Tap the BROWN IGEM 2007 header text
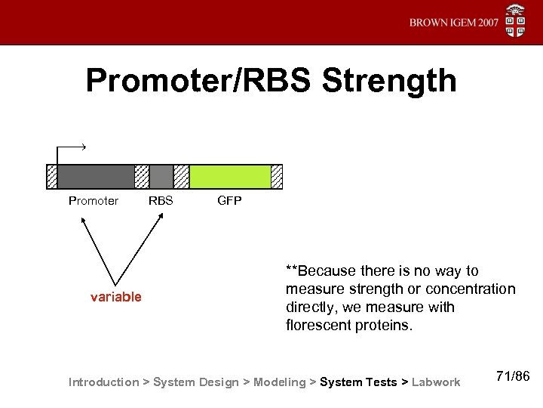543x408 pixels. click(x=453, y=23)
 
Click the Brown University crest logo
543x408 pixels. click(x=516, y=21)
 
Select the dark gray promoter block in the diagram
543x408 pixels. click(x=96, y=176)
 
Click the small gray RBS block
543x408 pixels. click(x=161, y=176)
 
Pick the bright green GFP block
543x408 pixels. click(x=230, y=176)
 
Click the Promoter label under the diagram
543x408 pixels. click(x=94, y=201)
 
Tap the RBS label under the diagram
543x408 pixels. click(x=161, y=201)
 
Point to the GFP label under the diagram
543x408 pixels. click(x=229, y=201)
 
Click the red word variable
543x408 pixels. click(x=116, y=297)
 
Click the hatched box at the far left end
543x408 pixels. click(x=51, y=176)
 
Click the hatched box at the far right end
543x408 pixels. click(x=277, y=176)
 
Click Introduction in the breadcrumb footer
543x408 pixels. click(x=103, y=382)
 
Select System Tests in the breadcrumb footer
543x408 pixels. click(x=358, y=382)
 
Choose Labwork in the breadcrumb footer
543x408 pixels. click(x=436, y=382)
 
